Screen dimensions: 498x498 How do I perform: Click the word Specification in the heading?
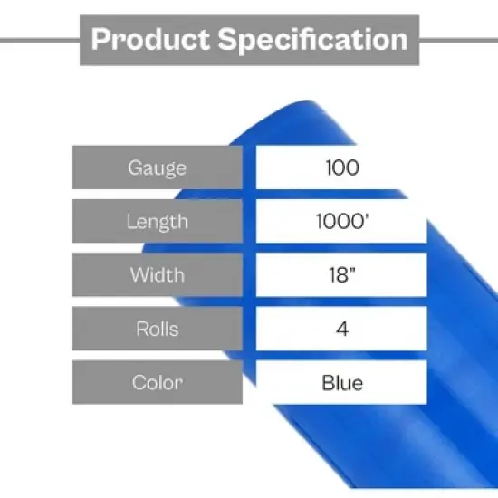click(311, 40)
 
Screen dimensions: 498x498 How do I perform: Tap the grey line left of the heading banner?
click(40, 40)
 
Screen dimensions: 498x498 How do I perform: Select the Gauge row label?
click(158, 168)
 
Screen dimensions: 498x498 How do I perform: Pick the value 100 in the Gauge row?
click(341, 168)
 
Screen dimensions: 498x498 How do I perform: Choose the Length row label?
click(158, 221)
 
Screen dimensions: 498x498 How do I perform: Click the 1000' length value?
click(341, 221)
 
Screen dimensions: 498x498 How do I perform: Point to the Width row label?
click(158, 274)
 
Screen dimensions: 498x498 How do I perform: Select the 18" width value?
click(341, 274)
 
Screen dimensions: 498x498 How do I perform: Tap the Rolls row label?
click(158, 329)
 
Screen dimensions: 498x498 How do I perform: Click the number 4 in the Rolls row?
click(341, 329)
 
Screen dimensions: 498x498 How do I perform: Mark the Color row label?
click(158, 382)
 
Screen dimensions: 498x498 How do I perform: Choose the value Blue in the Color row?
click(341, 382)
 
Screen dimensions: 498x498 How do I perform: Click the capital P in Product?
click(101, 40)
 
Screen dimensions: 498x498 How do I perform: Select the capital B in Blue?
click(327, 382)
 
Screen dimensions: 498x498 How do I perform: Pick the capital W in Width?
click(138, 274)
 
